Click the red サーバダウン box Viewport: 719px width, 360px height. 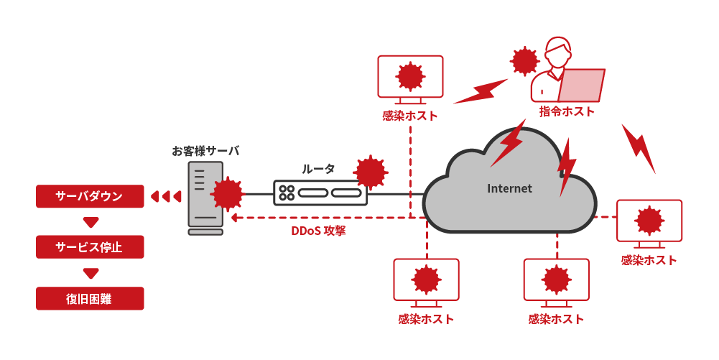pyautogui.click(x=90, y=196)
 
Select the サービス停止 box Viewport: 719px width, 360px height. pyautogui.click(x=90, y=247)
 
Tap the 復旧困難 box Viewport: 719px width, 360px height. pyautogui.click(x=90, y=298)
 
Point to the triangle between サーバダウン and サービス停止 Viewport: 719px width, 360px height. pyautogui.click(x=90, y=221)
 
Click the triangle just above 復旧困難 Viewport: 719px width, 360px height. pyautogui.click(x=90, y=273)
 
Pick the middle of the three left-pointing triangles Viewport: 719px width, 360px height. pyautogui.click(x=166, y=196)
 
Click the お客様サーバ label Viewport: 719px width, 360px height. pyautogui.click(x=205, y=151)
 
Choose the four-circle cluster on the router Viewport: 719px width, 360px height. pyautogui.click(x=287, y=193)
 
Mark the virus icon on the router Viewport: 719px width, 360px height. pyautogui.click(x=371, y=172)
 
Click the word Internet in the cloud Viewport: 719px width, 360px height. pyautogui.click(x=510, y=188)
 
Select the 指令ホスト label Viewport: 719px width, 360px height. pyautogui.click(x=567, y=111)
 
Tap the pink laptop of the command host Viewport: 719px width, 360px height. pyautogui.click(x=582, y=85)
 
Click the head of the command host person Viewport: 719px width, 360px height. pyautogui.click(x=558, y=51)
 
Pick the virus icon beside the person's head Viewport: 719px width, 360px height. pyautogui.click(x=524, y=61)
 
